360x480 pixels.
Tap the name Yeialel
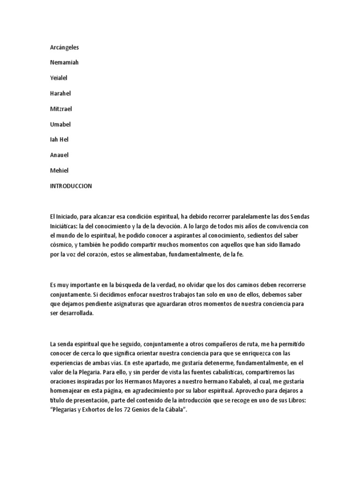pyautogui.click(x=59, y=78)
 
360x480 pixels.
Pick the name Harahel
pyautogui.click(x=60, y=94)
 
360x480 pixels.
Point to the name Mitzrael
pyautogui.click(x=61, y=109)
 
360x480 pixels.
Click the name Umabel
pyautogui.click(x=60, y=125)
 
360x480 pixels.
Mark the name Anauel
pyautogui.click(x=60, y=155)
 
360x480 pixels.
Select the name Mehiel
pyautogui.click(x=59, y=171)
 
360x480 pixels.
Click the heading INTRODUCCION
pyautogui.click(x=71, y=186)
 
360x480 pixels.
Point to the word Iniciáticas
pyautogui.click(x=67, y=226)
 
